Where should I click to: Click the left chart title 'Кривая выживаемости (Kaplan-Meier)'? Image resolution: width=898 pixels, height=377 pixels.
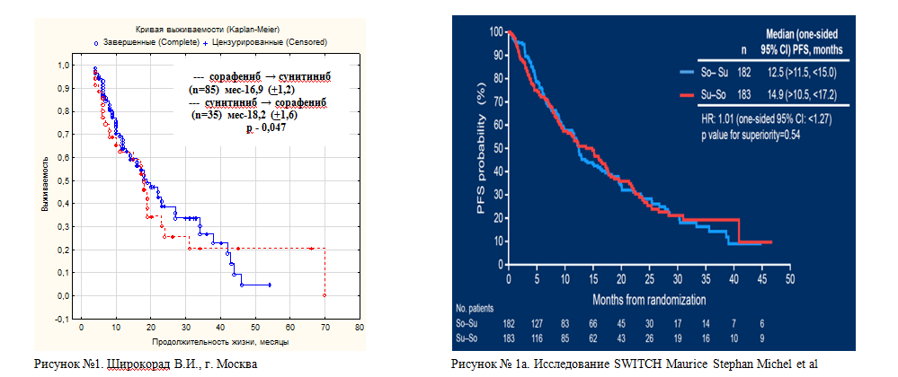click(204, 30)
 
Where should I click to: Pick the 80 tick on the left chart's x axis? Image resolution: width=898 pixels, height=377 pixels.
click(360, 327)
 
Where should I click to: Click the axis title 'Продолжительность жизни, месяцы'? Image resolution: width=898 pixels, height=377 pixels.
click(214, 342)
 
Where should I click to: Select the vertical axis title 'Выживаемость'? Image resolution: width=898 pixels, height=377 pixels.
click(44, 191)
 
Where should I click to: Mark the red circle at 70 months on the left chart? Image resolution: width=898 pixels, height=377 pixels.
click(325, 294)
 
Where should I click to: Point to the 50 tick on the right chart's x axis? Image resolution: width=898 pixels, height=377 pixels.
click(789, 278)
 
